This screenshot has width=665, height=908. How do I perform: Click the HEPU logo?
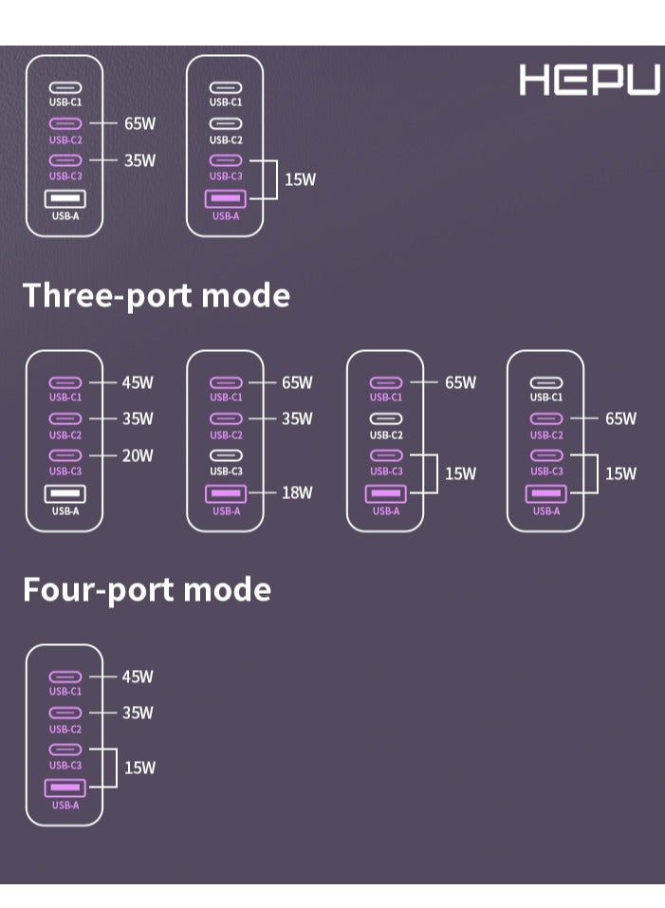(x=589, y=80)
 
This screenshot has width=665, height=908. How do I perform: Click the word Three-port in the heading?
(x=107, y=296)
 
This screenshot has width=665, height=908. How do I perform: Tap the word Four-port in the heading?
(x=99, y=590)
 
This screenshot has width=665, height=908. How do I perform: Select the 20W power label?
(x=138, y=455)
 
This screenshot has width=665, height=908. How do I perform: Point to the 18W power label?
(x=297, y=492)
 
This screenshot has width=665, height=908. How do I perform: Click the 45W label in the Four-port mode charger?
(x=138, y=676)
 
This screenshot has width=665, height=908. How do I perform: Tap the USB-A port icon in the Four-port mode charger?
(x=65, y=788)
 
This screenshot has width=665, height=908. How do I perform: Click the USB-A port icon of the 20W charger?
(x=65, y=494)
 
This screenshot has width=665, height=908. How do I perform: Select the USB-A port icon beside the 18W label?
(x=226, y=494)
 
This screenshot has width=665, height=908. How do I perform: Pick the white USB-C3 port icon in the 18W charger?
(x=226, y=455)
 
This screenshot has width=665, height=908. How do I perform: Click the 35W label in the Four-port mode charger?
(x=138, y=713)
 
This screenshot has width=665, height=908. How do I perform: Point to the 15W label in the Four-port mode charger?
(x=139, y=768)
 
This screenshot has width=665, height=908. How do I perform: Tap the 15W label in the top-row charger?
(x=300, y=179)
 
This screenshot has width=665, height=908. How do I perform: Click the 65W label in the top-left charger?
(x=139, y=123)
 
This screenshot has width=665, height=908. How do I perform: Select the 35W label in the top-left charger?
(x=139, y=160)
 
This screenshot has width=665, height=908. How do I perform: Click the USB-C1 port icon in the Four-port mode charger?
(x=65, y=676)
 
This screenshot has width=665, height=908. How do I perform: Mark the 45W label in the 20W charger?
(x=138, y=382)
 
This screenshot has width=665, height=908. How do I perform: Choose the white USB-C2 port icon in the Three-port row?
(x=386, y=418)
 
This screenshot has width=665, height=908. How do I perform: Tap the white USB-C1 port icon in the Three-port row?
(x=546, y=382)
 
